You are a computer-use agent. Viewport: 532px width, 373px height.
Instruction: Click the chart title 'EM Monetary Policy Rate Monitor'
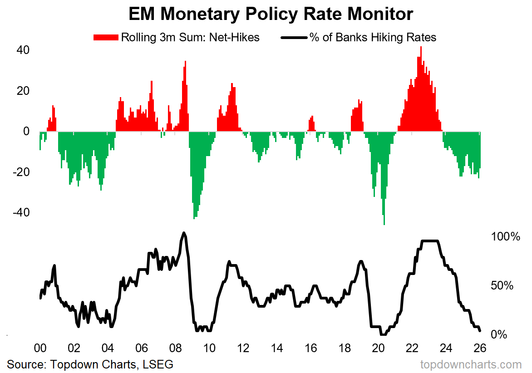point(271,14)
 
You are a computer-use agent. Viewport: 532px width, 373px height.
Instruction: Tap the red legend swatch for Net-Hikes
point(106,37)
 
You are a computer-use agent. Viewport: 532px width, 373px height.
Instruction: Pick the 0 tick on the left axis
point(26,132)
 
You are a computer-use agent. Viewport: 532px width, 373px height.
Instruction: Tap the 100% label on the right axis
point(505,237)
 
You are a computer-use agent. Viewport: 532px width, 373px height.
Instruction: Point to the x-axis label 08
point(175,348)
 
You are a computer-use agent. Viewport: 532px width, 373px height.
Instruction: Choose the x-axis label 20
point(378,348)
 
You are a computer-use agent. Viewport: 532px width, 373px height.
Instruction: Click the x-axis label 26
point(480,348)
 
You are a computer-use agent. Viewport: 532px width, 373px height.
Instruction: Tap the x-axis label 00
point(40,348)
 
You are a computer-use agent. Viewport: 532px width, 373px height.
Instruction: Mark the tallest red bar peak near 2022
point(421,48)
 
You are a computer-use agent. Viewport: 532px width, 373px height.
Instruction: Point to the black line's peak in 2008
point(184,233)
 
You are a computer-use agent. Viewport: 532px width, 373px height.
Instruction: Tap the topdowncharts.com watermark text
point(471,364)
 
